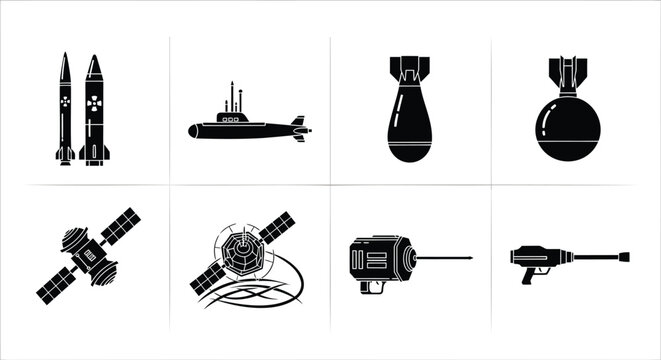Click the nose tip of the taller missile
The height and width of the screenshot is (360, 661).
tap(94, 57)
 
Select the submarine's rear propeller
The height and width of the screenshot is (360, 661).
tap(299, 129)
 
